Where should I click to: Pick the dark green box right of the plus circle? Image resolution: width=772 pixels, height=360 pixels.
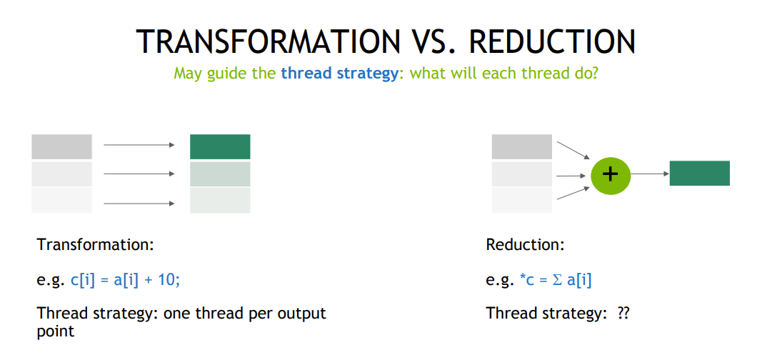pos(700,174)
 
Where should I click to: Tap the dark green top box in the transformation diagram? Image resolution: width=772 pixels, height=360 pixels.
pos(220,146)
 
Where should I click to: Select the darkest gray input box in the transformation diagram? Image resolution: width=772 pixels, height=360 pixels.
pos(61,146)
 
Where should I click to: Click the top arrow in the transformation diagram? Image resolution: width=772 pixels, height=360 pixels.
pos(139,145)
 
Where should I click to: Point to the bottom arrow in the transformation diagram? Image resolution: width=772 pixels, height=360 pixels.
pos(139,204)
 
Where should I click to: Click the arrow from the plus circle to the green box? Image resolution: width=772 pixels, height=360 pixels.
pos(650,174)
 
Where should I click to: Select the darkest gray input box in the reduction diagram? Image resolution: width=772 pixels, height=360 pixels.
pos(522,146)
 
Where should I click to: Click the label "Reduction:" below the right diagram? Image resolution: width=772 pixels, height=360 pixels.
pos(526,245)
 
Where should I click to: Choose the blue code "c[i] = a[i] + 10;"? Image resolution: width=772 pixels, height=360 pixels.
pos(126,281)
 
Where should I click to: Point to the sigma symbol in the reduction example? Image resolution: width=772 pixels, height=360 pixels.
pos(557,281)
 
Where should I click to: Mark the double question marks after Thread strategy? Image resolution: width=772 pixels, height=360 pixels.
pos(623,314)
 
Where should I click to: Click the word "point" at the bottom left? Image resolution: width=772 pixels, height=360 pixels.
pos(55,331)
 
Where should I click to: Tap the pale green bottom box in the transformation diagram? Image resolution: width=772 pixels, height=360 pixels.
pos(220,201)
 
